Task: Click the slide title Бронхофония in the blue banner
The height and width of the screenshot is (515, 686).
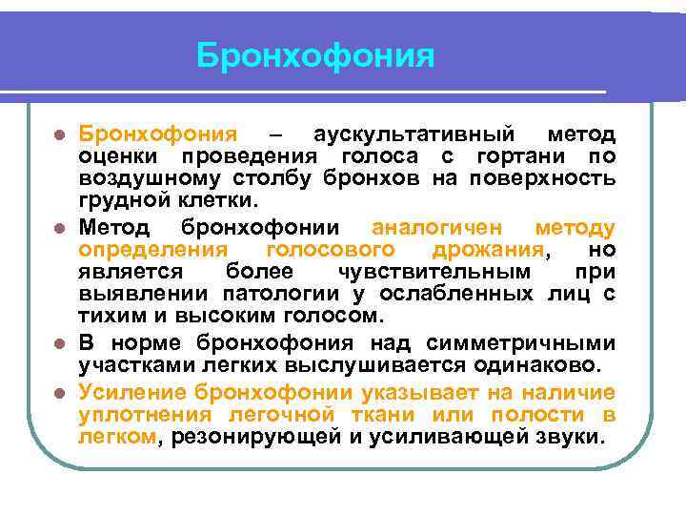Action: (x=315, y=55)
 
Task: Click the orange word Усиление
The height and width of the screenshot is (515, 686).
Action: (x=132, y=391)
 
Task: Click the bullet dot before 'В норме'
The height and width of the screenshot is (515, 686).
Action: (x=60, y=344)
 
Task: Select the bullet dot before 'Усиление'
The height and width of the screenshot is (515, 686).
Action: (x=60, y=392)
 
